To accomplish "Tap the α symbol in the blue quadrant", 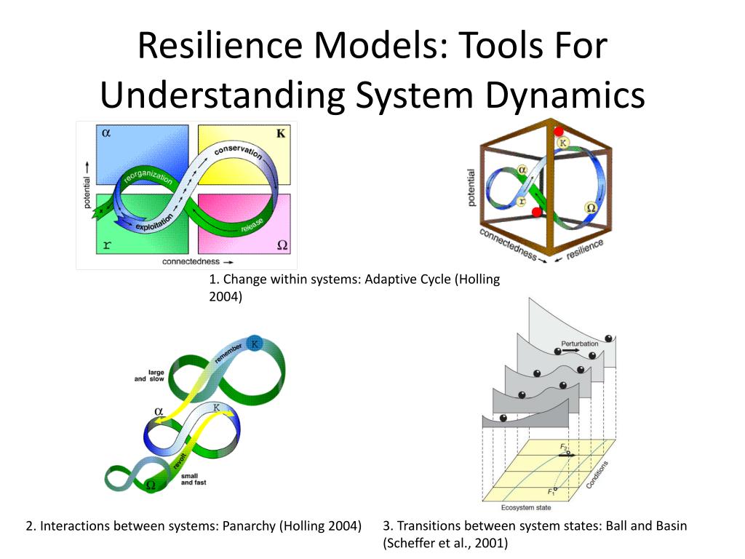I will [x=106, y=133].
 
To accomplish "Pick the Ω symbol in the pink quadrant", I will [x=282, y=245].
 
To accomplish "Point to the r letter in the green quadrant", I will [x=106, y=245].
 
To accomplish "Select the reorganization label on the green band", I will [x=148, y=179].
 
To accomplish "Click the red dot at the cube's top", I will [x=559, y=132].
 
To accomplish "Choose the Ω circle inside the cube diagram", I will [x=590, y=208].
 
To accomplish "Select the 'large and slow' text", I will [x=150, y=376].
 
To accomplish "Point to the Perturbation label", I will [x=579, y=344].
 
